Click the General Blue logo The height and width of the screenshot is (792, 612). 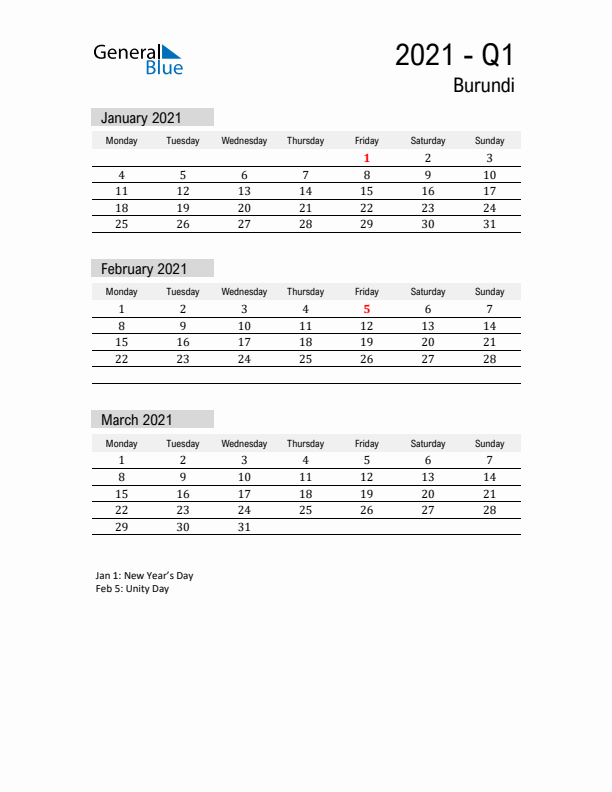click(138, 59)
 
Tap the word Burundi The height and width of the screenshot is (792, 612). click(484, 86)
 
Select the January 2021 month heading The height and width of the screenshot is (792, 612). click(141, 118)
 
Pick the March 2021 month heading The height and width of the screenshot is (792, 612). click(136, 420)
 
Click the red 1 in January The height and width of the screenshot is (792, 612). click(367, 158)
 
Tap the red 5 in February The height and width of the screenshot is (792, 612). click(367, 309)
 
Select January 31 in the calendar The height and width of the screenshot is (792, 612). click(489, 224)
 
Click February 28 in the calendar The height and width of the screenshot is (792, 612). click(489, 359)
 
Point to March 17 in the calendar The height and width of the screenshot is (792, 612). click(244, 494)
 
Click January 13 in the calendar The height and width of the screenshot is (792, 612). click(244, 191)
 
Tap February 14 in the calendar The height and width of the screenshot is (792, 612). click(489, 326)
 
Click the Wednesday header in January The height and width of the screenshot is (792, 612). click(244, 141)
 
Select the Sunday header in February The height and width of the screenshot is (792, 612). click(489, 292)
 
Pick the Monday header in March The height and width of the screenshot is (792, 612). click(122, 443)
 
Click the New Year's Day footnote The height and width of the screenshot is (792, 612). click(144, 576)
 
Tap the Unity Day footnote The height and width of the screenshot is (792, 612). click(132, 589)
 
